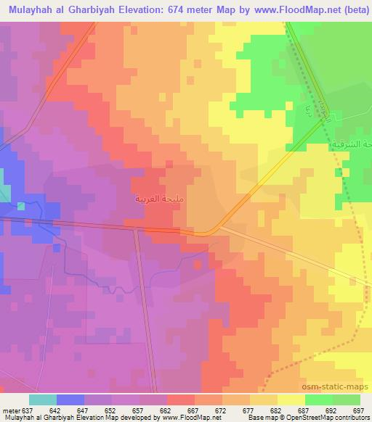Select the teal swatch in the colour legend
[x=42, y=400]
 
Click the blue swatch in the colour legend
[x=70, y=400]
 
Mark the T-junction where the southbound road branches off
[x=137, y=230]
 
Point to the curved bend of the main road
[x=211, y=231]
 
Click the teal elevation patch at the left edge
[x=4, y=192]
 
